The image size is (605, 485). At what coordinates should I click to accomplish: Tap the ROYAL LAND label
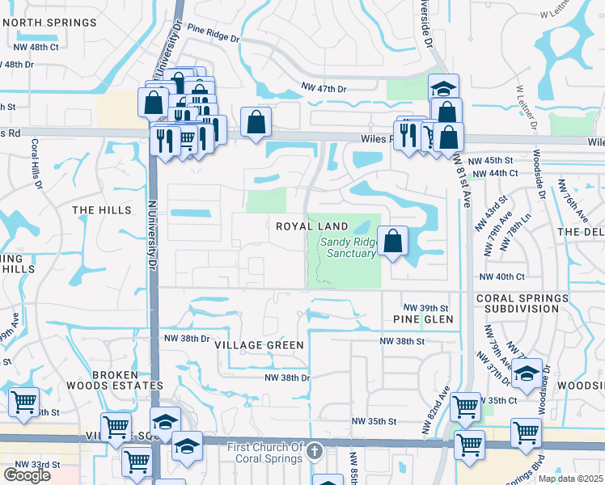312,226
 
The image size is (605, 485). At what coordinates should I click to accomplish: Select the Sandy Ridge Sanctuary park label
348,247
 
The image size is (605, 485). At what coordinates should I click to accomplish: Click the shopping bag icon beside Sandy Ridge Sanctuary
392,241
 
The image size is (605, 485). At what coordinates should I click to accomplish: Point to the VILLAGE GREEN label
259,345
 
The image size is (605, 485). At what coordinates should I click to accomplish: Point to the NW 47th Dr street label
324,86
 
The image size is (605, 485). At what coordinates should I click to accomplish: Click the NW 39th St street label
427,308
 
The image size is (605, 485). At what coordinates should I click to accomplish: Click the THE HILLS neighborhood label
102,210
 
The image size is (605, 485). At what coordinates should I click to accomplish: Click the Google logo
27,475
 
